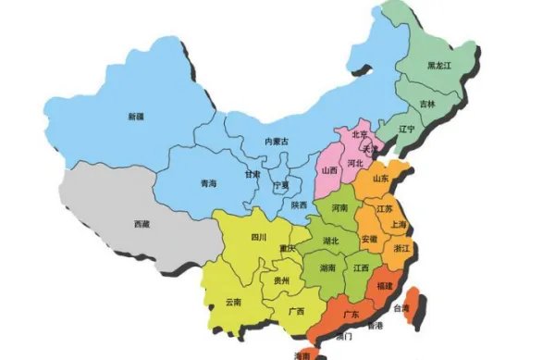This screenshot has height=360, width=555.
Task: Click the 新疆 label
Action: (136, 117)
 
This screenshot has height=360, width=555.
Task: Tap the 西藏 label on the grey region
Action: (142, 224)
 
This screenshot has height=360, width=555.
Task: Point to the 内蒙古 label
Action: (277, 142)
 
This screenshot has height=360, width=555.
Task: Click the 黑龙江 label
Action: (438, 66)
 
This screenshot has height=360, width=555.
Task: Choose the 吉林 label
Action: (427, 104)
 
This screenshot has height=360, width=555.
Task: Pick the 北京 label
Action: (360, 133)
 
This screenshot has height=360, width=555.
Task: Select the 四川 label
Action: (258, 237)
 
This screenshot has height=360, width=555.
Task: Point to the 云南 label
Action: (233, 302)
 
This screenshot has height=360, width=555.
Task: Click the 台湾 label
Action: (401, 308)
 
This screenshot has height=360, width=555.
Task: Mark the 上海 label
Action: (400, 224)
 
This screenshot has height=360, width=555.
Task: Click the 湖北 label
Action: (330, 241)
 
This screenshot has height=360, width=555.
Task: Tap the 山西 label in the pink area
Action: (329, 171)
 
